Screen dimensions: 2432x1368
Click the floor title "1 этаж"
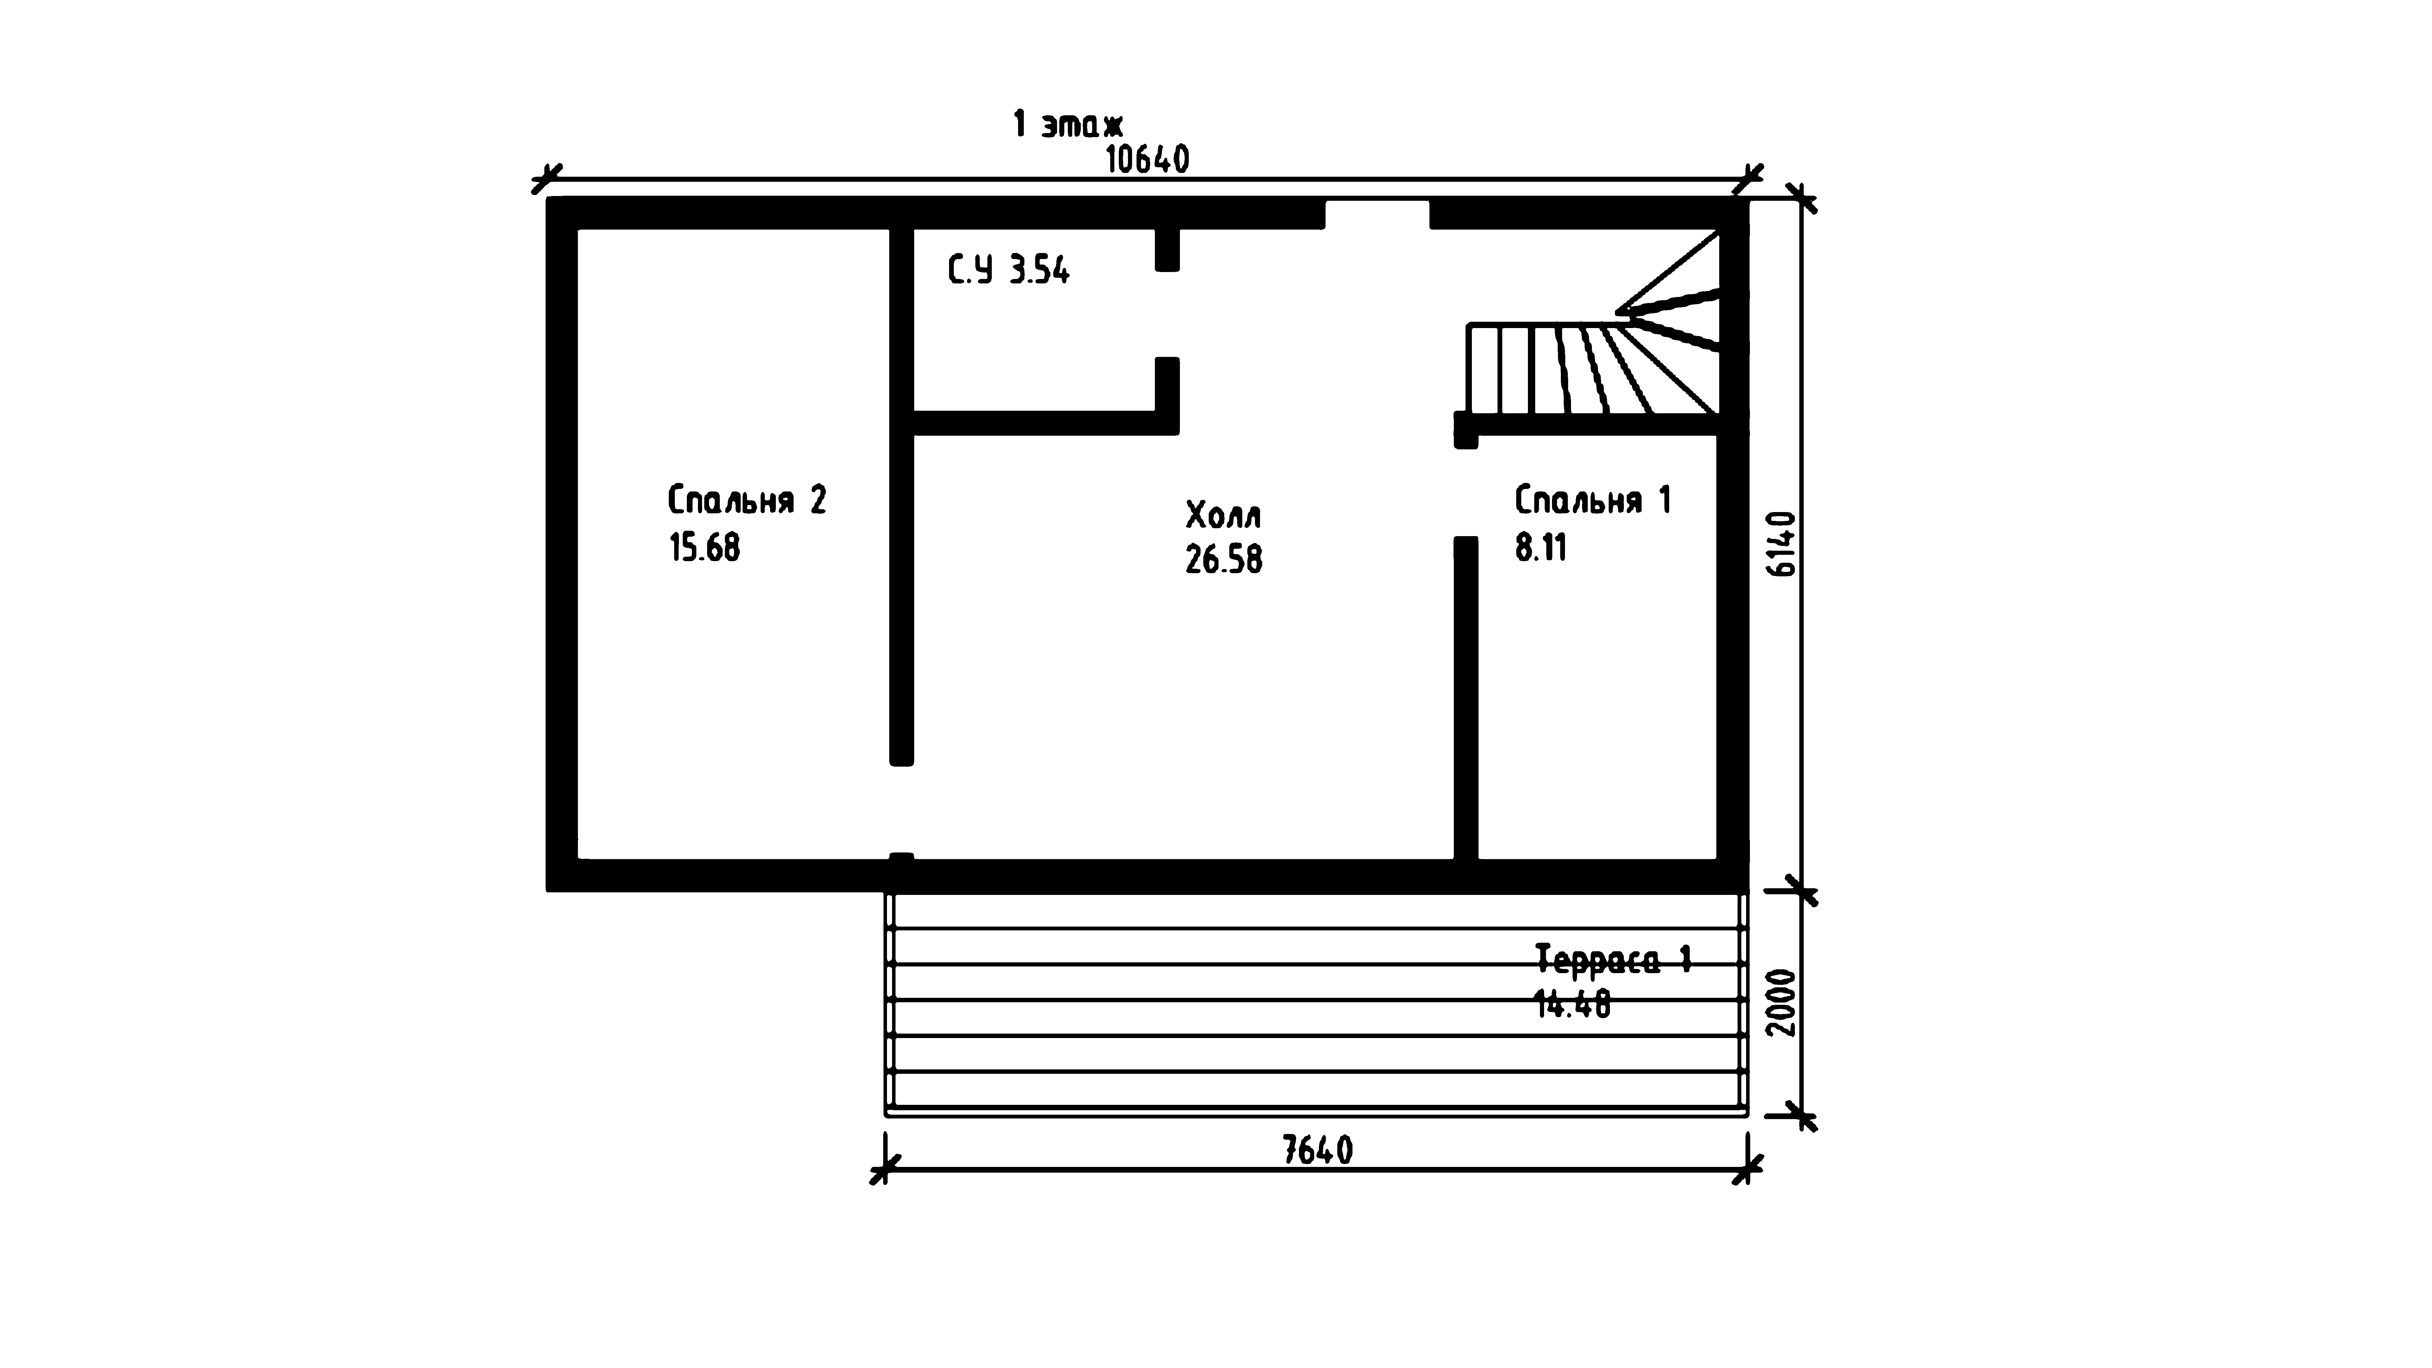coord(1068,125)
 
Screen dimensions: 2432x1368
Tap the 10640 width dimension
coord(1147,160)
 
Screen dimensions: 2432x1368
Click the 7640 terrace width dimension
coord(1318,1150)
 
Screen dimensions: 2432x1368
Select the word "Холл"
coord(1224,516)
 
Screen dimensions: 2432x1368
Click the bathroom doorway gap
coord(1168,314)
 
